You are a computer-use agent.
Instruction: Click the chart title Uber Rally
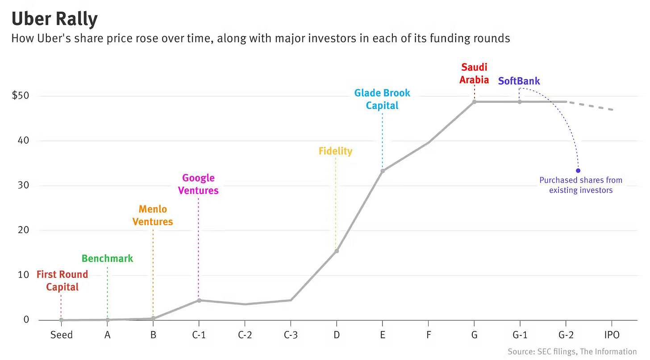(x=54, y=19)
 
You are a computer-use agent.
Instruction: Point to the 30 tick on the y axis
(x=23, y=185)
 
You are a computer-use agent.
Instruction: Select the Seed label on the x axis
(x=61, y=335)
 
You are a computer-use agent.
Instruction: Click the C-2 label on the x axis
(x=245, y=335)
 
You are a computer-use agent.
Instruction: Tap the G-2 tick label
(x=566, y=335)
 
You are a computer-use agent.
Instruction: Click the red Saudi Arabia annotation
(x=475, y=74)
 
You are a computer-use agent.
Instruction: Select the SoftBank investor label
(x=519, y=81)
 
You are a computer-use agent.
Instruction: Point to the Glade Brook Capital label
(x=382, y=99)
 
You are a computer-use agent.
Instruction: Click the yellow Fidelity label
(x=335, y=151)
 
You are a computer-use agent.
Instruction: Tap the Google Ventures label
(x=199, y=184)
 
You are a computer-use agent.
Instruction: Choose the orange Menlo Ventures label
(x=153, y=215)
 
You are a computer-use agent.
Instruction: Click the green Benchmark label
(x=107, y=259)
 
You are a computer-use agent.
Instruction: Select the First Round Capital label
(x=62, y=280)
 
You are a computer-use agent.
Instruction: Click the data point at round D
(x=337, y=251)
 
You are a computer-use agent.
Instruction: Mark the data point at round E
(x=383, y=171)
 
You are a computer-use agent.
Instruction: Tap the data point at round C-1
(x=199, y=300)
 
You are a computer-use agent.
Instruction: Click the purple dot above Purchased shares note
(x=578, y=171)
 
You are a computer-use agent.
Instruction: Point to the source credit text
(x=572, y=352)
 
